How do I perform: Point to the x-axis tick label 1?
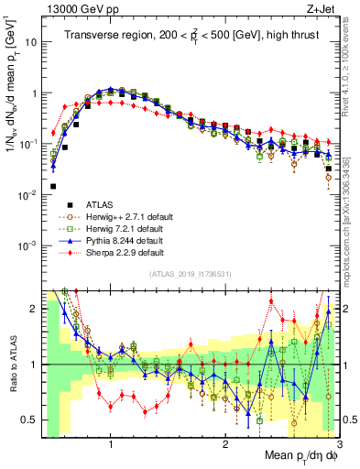pyautogui.click(x=111, y=443)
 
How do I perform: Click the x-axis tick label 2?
pyautogui.click(x=225, y=443)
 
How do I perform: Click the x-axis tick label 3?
pyautogui.click(x=339, y=443)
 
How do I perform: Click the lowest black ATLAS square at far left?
pyautogui.click(x=53, y=186)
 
